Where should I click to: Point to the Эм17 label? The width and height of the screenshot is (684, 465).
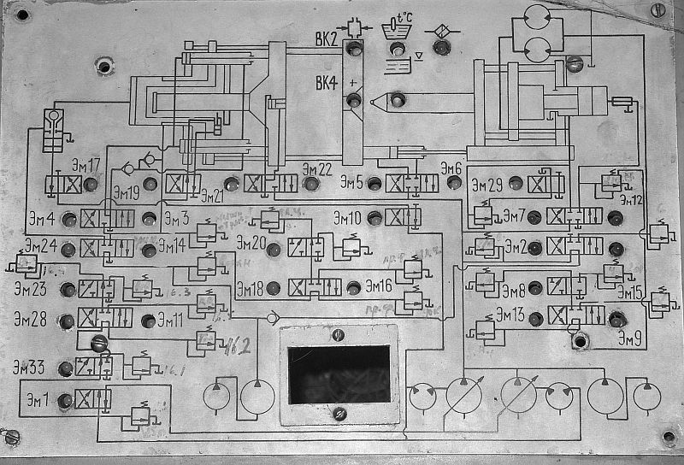[83, 165]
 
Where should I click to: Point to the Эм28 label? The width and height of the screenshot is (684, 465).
[30, 320]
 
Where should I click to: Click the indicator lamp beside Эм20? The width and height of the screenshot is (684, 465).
[274, 250]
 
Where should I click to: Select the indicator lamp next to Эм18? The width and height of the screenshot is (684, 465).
[274, 287]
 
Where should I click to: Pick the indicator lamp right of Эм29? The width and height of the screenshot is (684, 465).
[515, 183]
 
